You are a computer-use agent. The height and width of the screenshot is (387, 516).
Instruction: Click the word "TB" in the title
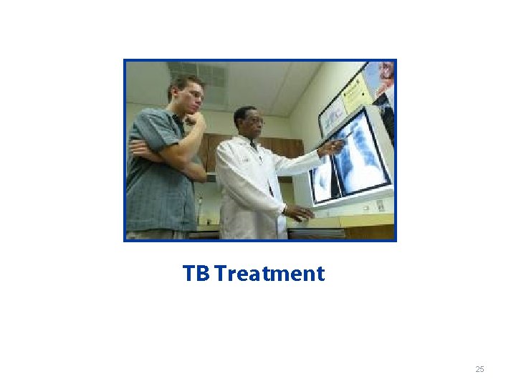pyautogui.click(x=196, y=274)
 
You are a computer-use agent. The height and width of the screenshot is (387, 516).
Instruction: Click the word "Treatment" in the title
pyautogui.click(x=269, y=274)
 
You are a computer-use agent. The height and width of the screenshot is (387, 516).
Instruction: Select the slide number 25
pyautogui.click(x=479, y=369)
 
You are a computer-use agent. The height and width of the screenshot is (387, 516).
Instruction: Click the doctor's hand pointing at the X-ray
pyautogui.click(x=331, y=147)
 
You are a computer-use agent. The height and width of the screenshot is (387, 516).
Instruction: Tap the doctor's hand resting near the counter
pyautogui.click(x=299, y=212)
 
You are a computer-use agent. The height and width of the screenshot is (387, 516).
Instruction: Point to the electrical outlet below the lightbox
pyautogui.click(x=380, y=206)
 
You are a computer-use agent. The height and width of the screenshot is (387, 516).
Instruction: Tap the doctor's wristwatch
pyautogui.click(x=285, y=210)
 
